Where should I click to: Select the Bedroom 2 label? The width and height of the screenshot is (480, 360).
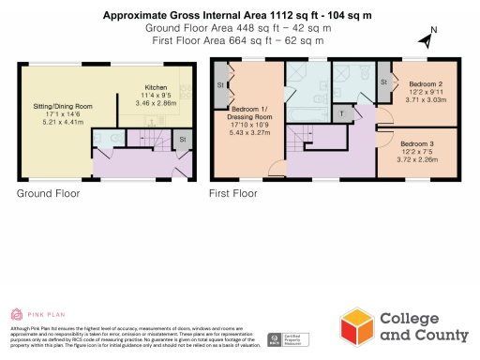click(419, 98)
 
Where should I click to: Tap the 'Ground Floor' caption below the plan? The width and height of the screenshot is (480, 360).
click(48, 194)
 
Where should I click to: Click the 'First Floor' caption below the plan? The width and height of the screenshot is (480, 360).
click(233, 194)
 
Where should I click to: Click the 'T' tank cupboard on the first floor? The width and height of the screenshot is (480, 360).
click(343, 113)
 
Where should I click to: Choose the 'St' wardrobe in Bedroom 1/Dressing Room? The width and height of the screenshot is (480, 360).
click(220, 84)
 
